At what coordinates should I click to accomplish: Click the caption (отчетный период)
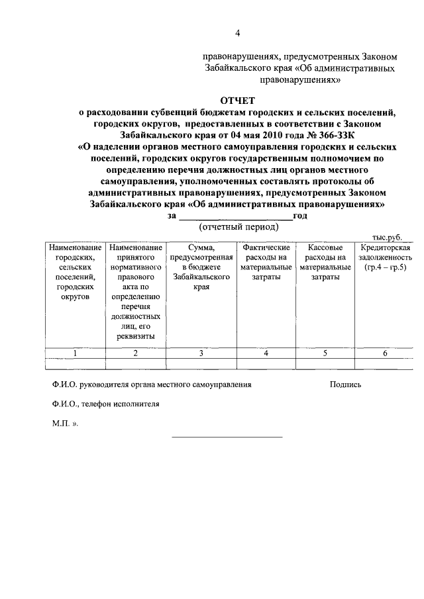pyautogui.click(x=237, y=226)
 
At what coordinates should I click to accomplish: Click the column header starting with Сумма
pyautogui.click(x=201, y=262)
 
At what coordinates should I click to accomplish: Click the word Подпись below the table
pyautogui.click(x=345, y=384)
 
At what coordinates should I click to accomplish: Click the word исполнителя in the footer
pyautogui.click(x=137, y=404)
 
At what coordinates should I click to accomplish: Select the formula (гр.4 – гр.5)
pyautogui.click(x=384, y=267)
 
